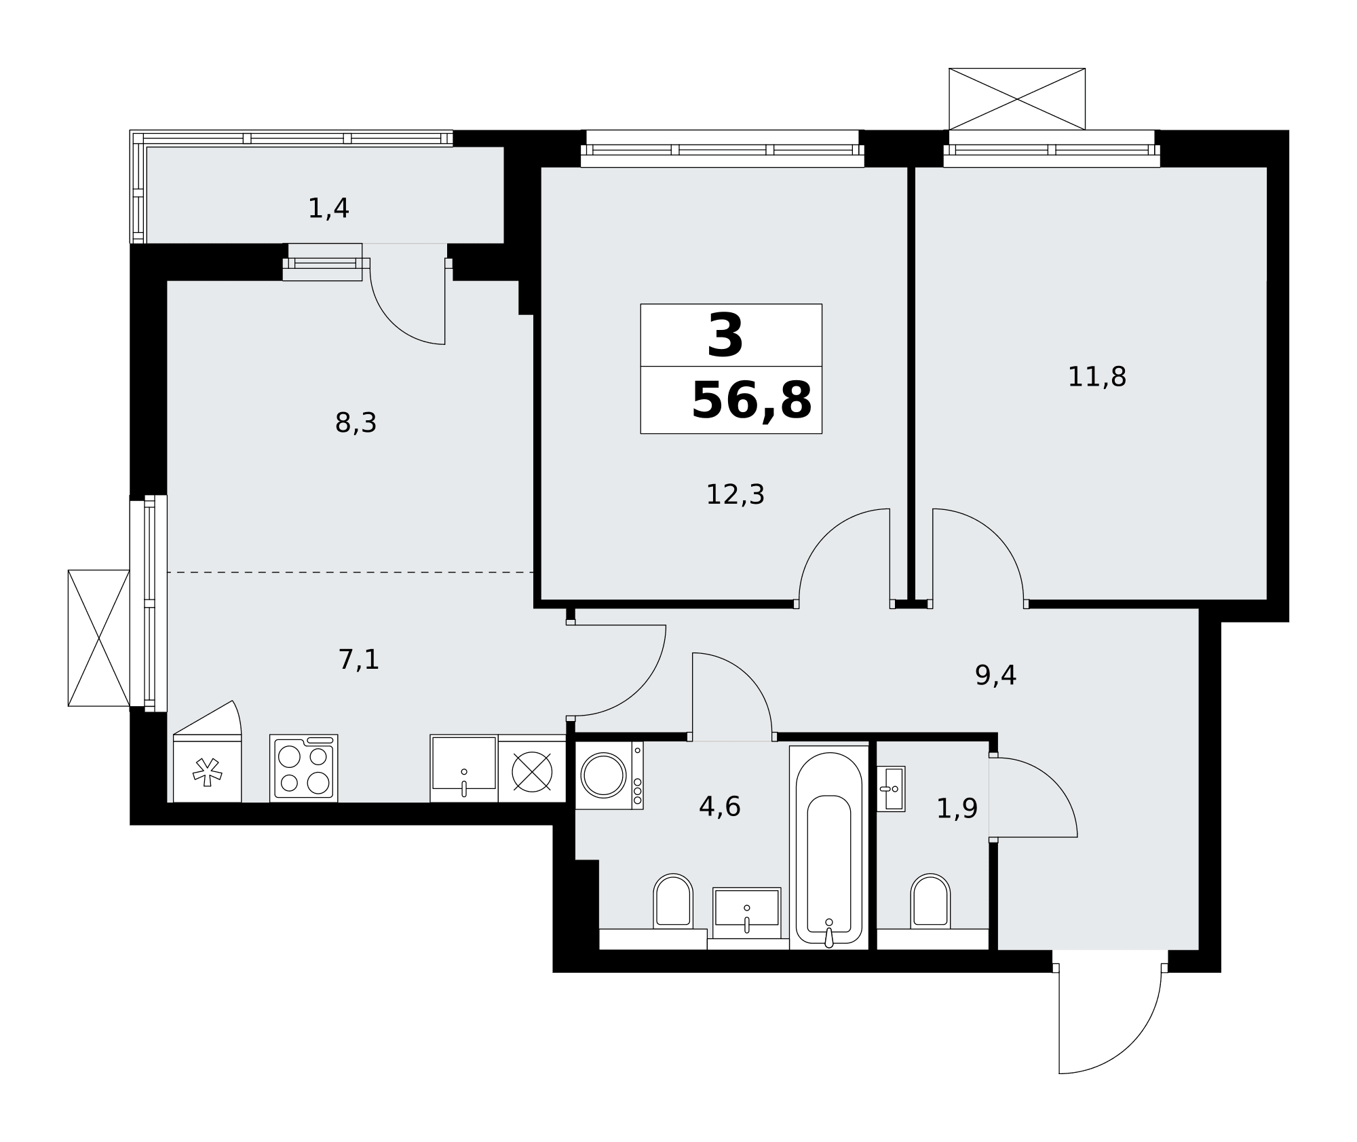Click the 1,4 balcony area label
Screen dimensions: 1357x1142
[328, 208]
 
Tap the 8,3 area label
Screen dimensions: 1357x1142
[356, 423]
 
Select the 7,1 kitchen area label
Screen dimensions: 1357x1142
[358, 659]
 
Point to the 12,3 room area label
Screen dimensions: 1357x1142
[735, 494]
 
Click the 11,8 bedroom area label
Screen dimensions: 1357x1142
[1097, 377]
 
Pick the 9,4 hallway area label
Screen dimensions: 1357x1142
[995, 676]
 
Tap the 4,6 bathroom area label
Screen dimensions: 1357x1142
[719, 807]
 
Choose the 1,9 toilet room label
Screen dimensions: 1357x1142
[957, 809]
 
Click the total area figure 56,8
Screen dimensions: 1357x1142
[751, 401]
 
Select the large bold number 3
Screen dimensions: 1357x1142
[725, 336]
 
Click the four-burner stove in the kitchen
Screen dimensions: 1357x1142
[303, 768]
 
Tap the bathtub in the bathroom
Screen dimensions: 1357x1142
[829, 847]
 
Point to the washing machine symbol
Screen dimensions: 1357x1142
[609, 775]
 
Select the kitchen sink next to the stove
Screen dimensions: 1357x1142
[464, 768]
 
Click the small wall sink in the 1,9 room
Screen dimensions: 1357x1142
[891, 789]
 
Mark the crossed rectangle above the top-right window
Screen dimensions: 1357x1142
[1017, 99]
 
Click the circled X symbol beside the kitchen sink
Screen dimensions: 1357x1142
[532, 771]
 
